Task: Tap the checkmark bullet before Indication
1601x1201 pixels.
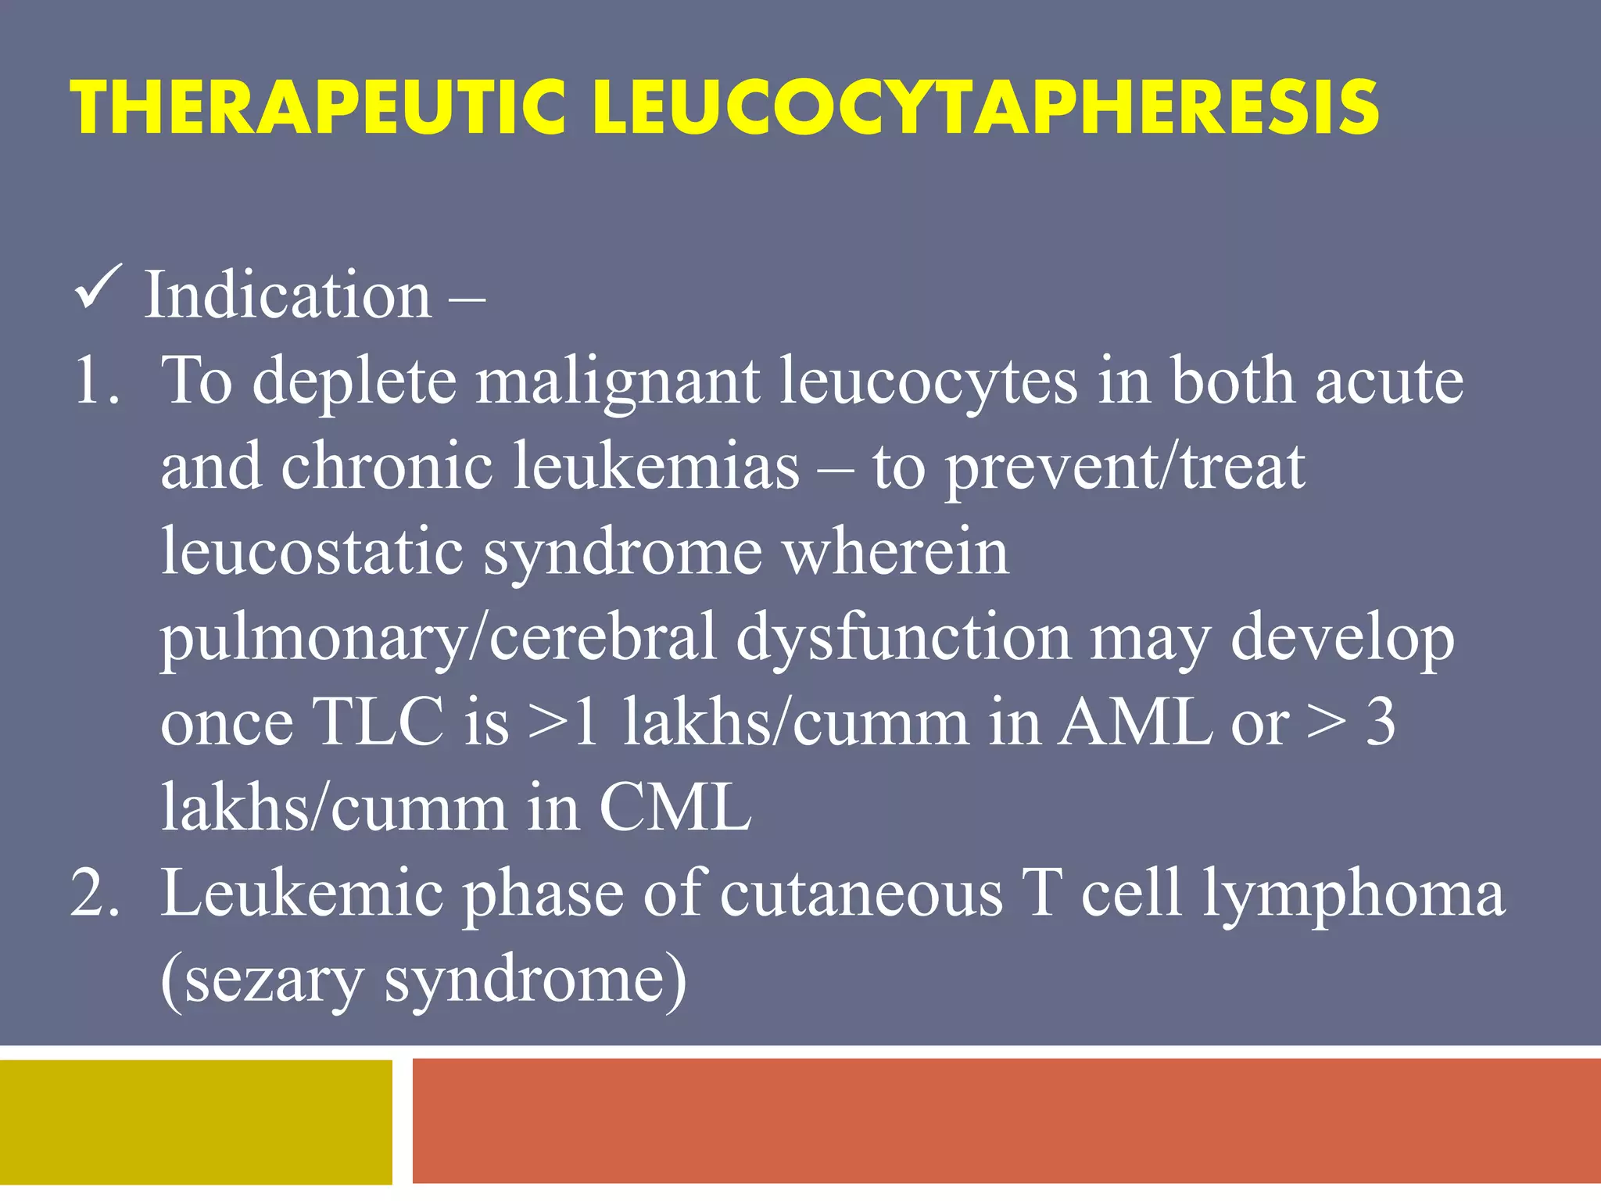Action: (98, 289)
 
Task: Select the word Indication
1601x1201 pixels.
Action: (288, 296)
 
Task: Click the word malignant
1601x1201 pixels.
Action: (618, 382)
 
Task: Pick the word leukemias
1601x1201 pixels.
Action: (657, 467)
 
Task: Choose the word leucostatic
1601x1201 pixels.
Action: (313, 552)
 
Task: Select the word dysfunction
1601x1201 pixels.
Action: (903, 637)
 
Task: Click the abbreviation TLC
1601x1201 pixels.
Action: (378, 722)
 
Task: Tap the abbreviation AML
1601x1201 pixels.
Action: (1134, 722)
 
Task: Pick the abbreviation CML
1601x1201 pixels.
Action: (675, 808)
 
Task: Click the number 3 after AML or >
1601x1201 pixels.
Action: (1380, 722)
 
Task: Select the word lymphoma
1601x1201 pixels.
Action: (1353, 894)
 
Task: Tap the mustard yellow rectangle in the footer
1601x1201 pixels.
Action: (195, 1121)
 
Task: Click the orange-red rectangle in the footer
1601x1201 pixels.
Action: (1005, 1121)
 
